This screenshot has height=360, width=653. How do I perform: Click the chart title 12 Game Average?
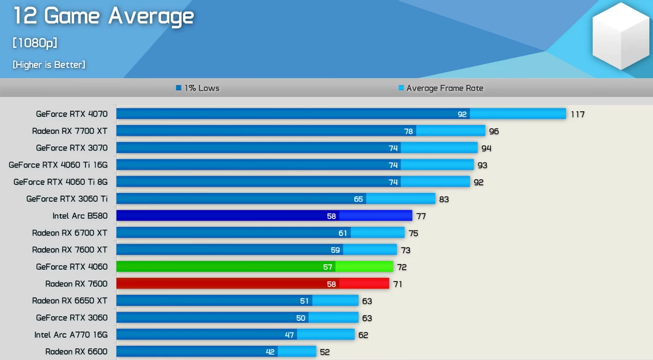[x=103, y=16]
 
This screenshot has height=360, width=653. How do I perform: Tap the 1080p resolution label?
[x=35, y=43]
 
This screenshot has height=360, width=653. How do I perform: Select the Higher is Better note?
[x=49, y=65]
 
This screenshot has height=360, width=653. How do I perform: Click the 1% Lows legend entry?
[x=198, y=88]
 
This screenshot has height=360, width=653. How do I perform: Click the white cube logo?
[x=621, y=36]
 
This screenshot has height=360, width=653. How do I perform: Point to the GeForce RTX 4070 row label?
[x=72, y=114]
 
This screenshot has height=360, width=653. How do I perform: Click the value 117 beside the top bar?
[x=577, y=114]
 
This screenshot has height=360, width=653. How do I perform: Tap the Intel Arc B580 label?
[x=80, y=216]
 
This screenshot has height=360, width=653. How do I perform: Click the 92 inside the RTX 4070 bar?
[x=462, y=114]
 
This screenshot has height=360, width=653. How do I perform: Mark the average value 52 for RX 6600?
[x=325, y=352]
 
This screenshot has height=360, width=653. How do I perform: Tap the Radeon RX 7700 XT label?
[x=70, y=131]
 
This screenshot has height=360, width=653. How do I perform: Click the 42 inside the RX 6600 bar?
[x=270, y=352]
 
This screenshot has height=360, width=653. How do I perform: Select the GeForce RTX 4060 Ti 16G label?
[x=58, y=165]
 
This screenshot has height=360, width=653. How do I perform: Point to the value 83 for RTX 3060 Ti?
[x=444, y=199]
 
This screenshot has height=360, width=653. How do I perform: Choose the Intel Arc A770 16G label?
[x=71, y=334]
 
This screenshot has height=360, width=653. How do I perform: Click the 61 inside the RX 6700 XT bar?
[x=343, y=233]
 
